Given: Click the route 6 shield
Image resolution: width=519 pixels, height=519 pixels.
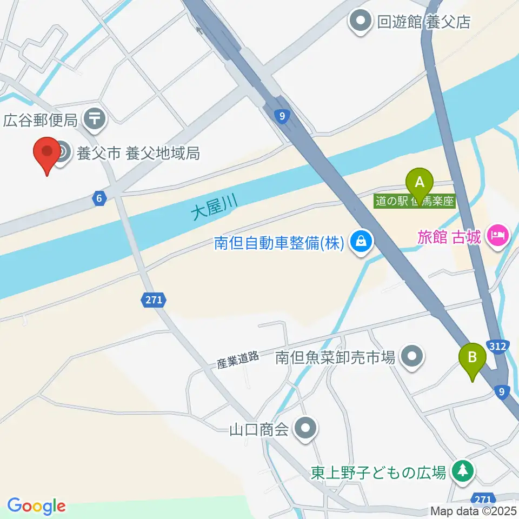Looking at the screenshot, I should [98, 199].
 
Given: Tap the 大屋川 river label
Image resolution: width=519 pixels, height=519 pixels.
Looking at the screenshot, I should [215, 206].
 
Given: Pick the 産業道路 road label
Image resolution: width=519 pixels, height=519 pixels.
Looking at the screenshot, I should [238, 361].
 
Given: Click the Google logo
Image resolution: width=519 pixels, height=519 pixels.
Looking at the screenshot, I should [36, 506].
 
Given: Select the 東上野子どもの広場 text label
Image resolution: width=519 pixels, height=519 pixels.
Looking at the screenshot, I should [378, 473].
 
